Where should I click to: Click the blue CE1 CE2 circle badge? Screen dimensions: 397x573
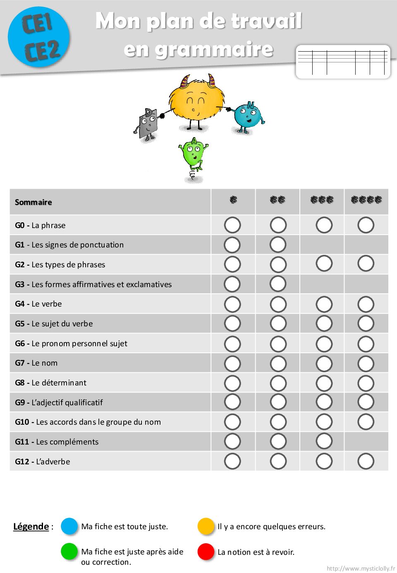click(x=39, y=37)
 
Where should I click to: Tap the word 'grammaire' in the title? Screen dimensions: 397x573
click(x=198, y=50)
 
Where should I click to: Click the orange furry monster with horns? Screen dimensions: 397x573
click(x=197, y=102)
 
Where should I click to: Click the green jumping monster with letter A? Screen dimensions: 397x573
click(x=194, y=157)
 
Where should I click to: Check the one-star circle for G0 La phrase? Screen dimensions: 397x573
click(x=232, y=225)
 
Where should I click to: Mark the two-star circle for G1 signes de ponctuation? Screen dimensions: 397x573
click(x=278, y=245)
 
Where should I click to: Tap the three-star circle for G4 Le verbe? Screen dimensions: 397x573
click(x=324, y=304)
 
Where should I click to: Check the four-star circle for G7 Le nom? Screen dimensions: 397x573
click(x=366, y=364)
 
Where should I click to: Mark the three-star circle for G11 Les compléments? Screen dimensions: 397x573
click(x=324, y=441)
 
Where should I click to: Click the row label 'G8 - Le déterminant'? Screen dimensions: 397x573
click(x=51, y=383)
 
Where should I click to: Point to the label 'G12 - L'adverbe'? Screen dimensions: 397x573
click(x=43, y=461)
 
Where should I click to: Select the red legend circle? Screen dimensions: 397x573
click(x=206, y=552)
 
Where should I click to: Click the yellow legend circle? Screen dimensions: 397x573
click(x=206, y=526)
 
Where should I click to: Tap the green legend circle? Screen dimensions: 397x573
click(x=69, y=551)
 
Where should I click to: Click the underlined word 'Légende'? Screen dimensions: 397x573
click(x=31, y=526)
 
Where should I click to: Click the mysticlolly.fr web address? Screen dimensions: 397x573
click(x=361, y=568)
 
